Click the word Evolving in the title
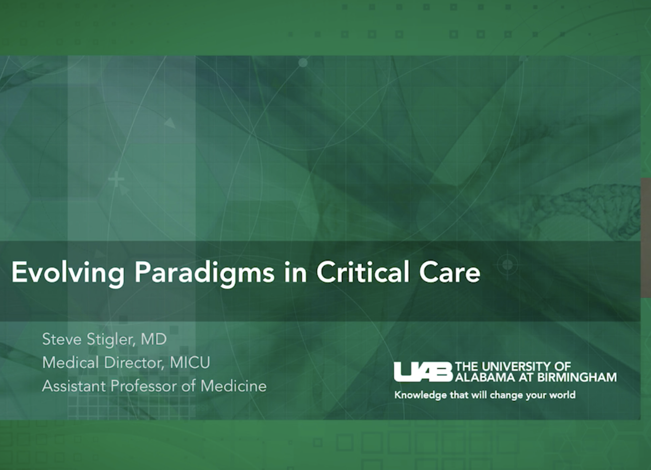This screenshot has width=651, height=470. coord(68,272)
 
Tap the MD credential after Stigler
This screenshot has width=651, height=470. coord(154,340)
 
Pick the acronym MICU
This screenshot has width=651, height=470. coord(190,363)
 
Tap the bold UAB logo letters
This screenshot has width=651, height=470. coord(423,372)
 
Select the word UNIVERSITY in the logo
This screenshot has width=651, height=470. coord(516,367)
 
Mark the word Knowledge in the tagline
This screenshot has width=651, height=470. coord(414,396)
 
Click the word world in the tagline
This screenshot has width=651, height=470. coord(562,395)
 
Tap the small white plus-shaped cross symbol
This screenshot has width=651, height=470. coord(116,179)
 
